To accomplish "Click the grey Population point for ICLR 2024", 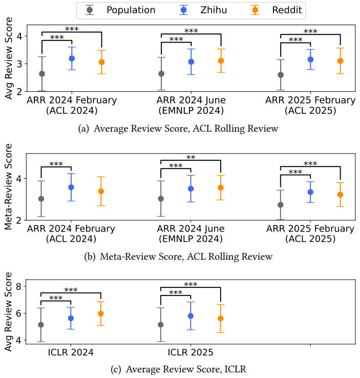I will (x=41, y=325).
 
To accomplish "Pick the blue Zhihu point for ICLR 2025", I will (x=190, y=316).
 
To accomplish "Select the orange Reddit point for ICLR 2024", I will (x=101, y=313).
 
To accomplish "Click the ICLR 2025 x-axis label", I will (x=190, y=353).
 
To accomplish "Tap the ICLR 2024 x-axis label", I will (x=71, y=353).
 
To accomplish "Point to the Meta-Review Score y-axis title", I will (x=9, y=186).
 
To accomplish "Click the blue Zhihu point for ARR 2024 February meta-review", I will (x=71, y=187).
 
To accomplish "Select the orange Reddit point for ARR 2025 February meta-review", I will (x=341, y=195).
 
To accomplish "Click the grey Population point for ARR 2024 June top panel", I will (x=161, y=74).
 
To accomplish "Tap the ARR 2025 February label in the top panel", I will (x=310, y=100).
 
